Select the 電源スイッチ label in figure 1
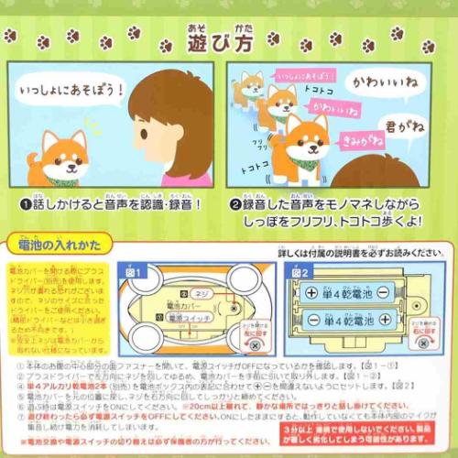188,316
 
